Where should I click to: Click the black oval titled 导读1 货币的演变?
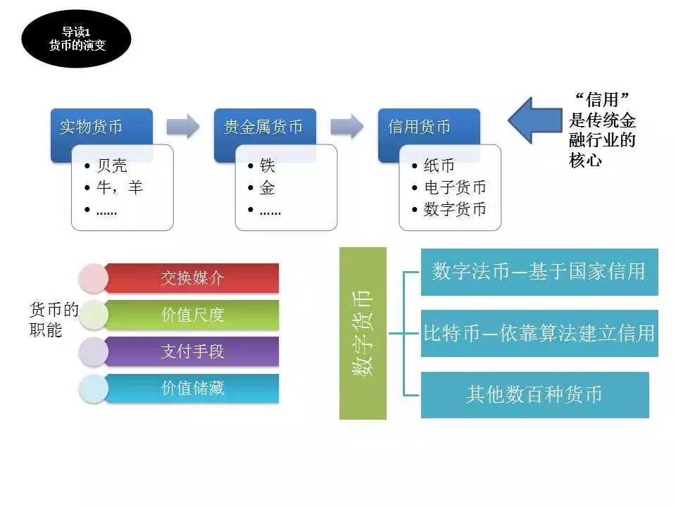point(76,39)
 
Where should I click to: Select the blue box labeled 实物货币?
point(101,126)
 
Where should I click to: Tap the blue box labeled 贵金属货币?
point(265,126)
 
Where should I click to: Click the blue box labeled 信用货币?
point(429,126)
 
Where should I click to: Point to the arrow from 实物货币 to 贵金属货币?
point(183,126)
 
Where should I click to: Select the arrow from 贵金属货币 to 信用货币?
point(347,126)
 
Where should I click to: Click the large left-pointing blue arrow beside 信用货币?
point(535,120)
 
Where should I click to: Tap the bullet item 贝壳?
point(112,165)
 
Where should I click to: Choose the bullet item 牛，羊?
point(120,187)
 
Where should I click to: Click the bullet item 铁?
point(268,165)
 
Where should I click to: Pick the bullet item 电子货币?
point(455,187)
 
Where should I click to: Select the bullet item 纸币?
point(439,165)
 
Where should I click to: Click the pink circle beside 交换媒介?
point(94,279)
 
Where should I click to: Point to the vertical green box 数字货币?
point(363,333)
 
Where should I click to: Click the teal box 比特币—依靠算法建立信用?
point(539,333)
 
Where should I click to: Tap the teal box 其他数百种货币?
point(535,395)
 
